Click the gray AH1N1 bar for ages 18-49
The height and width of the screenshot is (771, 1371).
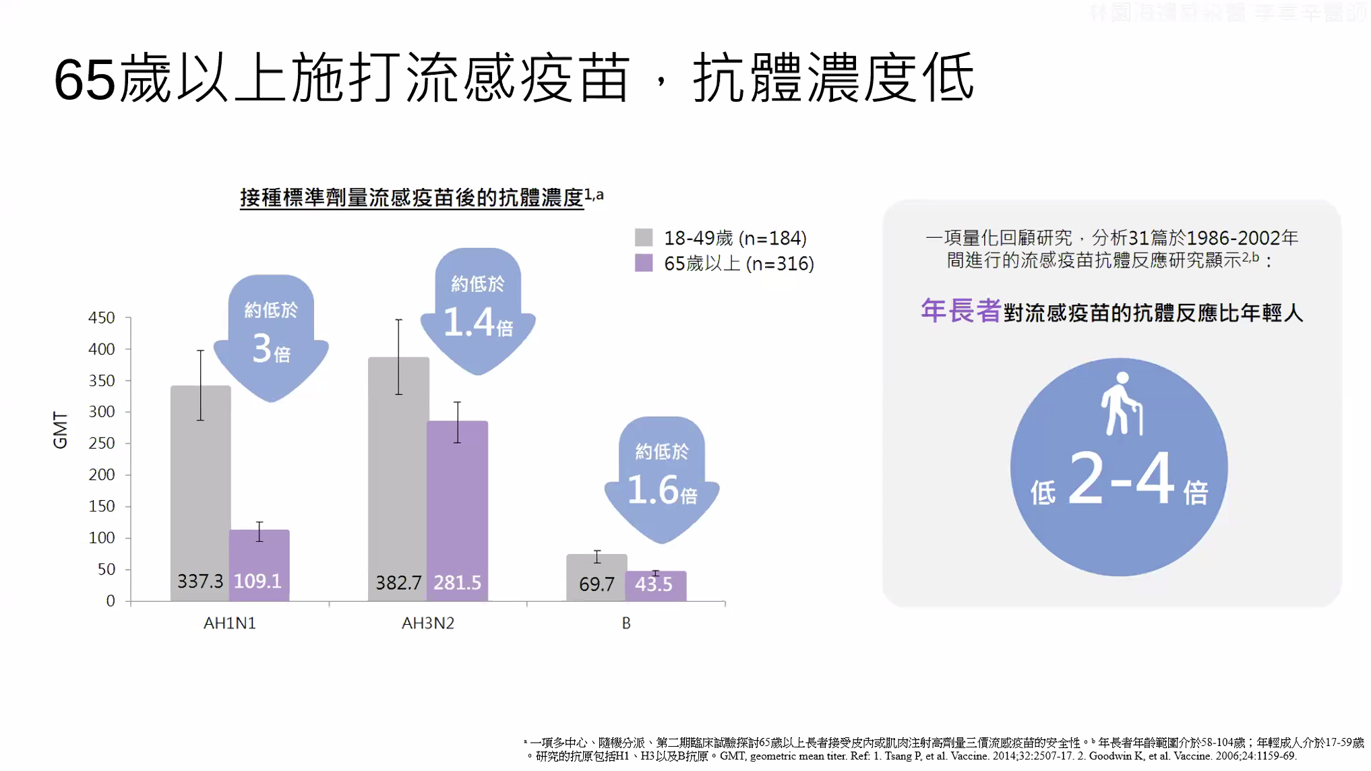pos(200,492)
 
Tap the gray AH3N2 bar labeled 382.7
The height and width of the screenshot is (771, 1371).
pos(398,479)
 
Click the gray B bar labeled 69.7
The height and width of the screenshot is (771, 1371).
pos(597,578)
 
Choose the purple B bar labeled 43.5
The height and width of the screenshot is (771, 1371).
pos(655,586)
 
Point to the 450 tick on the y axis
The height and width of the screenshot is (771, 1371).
pos(102,317)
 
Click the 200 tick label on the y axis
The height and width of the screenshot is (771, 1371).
pos(102,474)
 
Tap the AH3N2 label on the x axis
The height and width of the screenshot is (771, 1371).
pos(428,623)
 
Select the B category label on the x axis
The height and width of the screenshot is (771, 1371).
pos(626,623)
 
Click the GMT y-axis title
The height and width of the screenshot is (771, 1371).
pos(61,430)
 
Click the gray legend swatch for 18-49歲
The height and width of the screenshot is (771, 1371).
pos(644,237)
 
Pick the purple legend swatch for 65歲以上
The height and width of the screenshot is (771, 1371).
pos(644,263)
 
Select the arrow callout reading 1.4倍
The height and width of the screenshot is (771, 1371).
pos(478,310)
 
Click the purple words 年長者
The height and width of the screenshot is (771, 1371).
pos(960,311)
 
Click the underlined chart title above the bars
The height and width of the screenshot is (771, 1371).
pos(412,197)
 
